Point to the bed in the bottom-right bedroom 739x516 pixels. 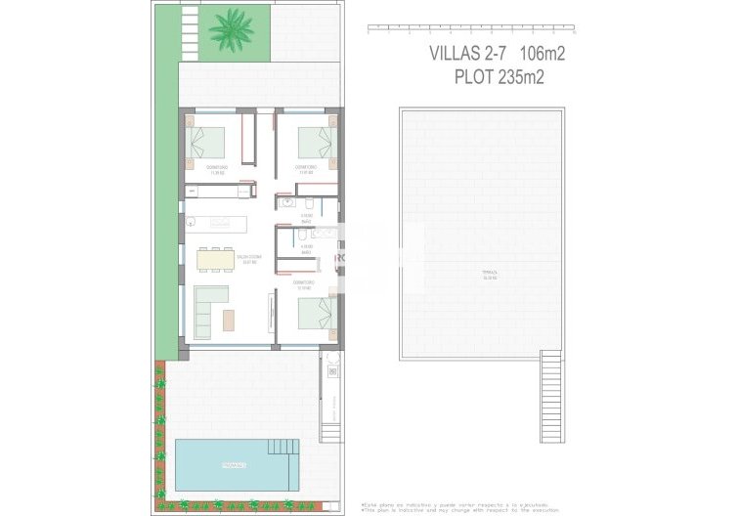[x=315, y=316]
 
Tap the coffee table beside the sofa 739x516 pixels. [x=230, y=320]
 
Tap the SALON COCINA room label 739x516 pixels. [x=247, y=260]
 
